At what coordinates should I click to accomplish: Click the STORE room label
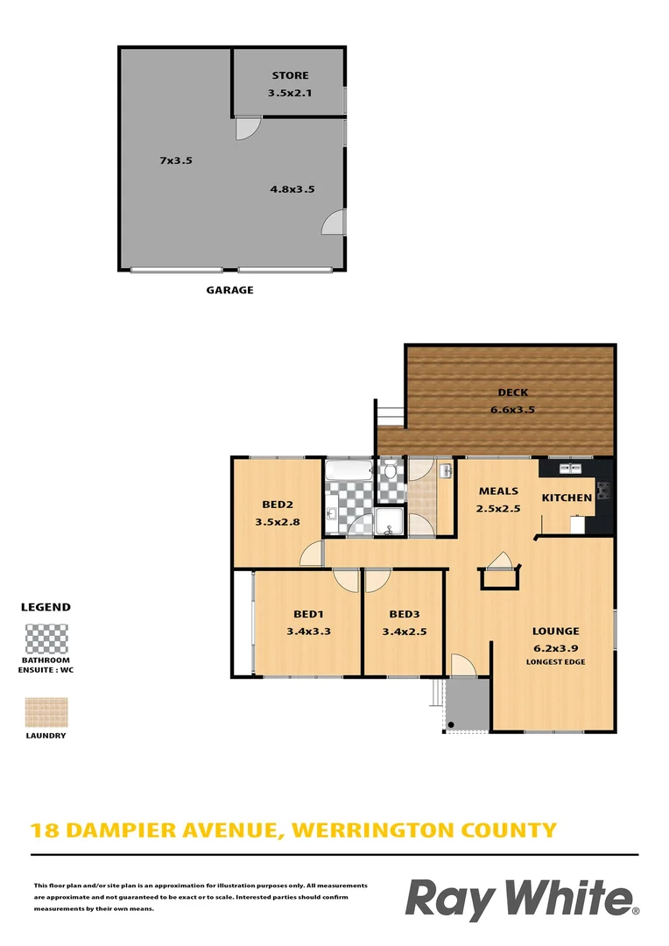tap(290, 75)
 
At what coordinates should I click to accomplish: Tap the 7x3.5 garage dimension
tap(175, 160)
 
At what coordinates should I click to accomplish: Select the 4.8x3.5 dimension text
tap(292, 188)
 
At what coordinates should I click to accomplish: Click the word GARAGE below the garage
tap(230, 290)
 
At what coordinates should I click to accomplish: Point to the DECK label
tap(512, 392)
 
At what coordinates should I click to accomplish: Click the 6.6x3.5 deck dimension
tap(512, 409)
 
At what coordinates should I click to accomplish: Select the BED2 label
tap(277, 504)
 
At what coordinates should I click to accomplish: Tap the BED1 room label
tap(307, 614)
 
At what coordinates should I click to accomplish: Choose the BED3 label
tap(405, 614)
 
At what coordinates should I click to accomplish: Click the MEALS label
tap(497, 491)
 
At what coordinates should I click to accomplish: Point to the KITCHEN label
tap(567, 498)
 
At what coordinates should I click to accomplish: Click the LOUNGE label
tap(555, 631)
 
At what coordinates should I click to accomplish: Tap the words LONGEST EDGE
tap(555, 661)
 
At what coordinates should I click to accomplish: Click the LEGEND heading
tap(46, 606)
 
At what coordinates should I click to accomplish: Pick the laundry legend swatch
tap(46, 713)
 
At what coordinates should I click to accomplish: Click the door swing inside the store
tap(246, 128)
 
